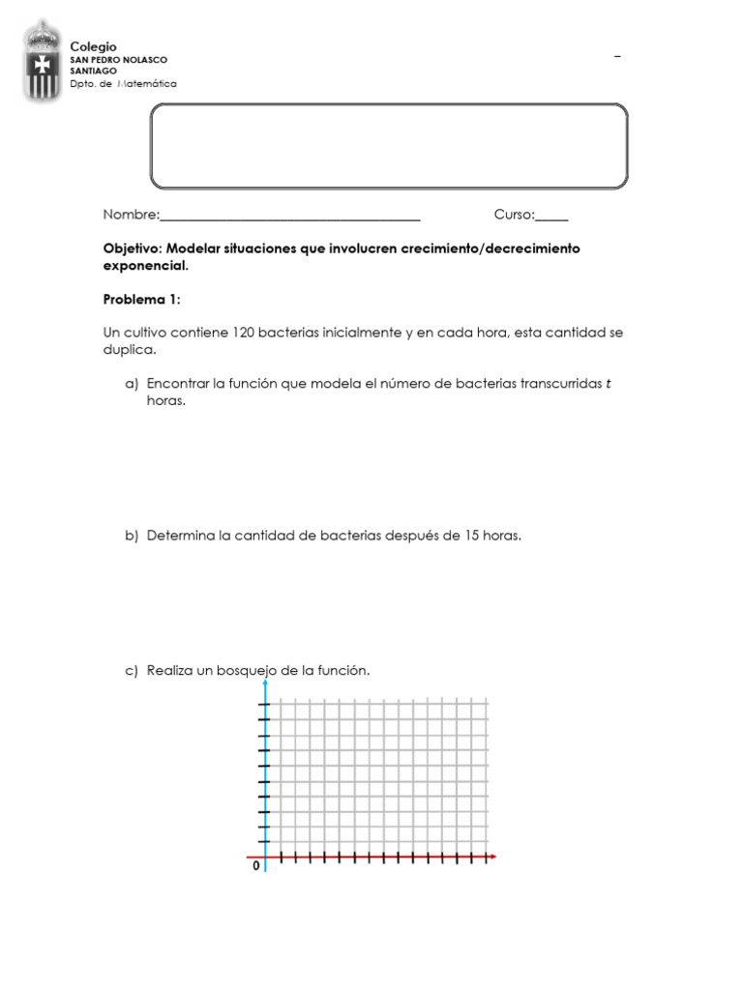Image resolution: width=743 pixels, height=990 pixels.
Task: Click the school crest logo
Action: pos(41,62)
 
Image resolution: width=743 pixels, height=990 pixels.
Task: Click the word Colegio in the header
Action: pos(93,46)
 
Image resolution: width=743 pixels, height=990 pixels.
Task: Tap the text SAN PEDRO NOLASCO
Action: pos(118,59)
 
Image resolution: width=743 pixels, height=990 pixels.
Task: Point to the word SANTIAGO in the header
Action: pos(93,71)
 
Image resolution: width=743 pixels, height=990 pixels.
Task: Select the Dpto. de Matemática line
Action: pos(123,84)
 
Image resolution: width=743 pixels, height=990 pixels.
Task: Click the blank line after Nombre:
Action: pos(290,216)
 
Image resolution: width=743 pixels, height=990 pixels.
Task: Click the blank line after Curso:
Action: pos(552,216)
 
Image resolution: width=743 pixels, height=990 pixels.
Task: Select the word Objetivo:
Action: pos(134,248)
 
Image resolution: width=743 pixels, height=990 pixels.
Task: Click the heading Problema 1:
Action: pos(141,300)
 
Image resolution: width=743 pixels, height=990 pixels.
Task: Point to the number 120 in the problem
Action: pos(242,333)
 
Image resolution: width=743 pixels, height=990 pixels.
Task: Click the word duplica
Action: pos(127,349)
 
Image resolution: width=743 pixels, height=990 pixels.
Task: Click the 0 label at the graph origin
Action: pos(256,867)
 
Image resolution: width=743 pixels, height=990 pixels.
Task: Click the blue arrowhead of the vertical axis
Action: pos(265,684)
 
